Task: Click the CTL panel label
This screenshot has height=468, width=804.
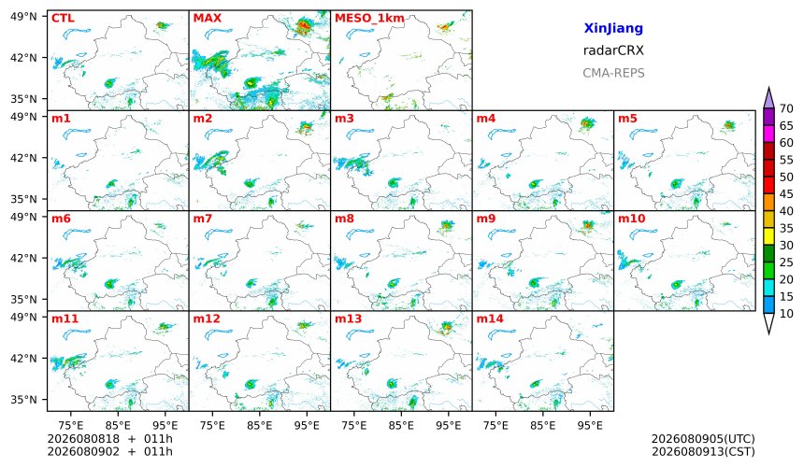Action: pyautogui.click(x=63, y=19)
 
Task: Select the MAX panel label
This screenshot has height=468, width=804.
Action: pyautogui.click(x=208, y=19)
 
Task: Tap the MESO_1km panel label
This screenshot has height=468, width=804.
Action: pyautogui.click(x=369, y=19)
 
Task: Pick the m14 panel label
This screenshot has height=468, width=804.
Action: pyautogui.click(x=490, y=319)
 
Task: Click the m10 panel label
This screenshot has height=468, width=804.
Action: pyautogui.click(x=631, y=219)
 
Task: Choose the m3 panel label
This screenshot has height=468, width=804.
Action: pyautogui.click(x=344, y=119)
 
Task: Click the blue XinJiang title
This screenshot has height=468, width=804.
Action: pyautogui.click(x=613, y=28)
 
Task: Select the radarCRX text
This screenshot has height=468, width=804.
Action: pyautogui.click(x=613, y=50)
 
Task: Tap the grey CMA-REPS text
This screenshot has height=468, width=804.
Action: pyautogui.click(x=613, y=73)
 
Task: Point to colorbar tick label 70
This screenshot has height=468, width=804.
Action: pyautogui.click(x=786, y=108)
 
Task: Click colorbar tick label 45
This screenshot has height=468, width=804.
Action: pyautogui.click(x=786, y=194)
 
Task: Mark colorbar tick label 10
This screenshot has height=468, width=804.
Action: pyautogui.click(x=786, y=314)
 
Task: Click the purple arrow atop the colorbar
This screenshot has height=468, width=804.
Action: pyautogui.click(x=768, y=98)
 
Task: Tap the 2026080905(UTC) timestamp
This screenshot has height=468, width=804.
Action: pyautogui.click(x=703, y=439)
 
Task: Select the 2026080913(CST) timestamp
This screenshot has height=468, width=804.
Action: pyautogui.click(x=703, y=451)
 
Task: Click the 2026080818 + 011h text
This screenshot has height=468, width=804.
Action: pyautogui.click(x=109, y=439)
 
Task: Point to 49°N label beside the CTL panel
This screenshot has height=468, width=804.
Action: pyautogui.click(x=23, y=17)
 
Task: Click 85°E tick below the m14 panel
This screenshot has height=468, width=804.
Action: pyautogui.click(x=543, y=425)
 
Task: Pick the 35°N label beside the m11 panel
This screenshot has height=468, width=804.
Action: pyautogui.click(x=23, y=399)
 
